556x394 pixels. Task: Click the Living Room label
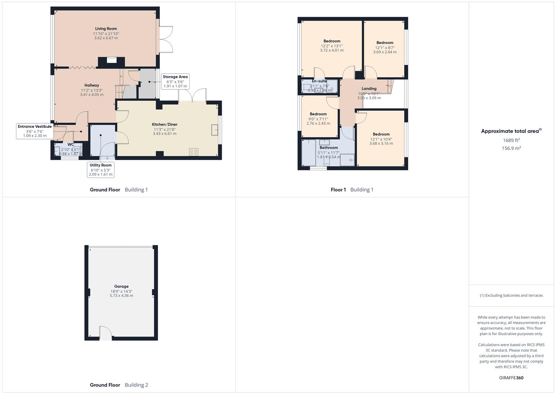tap(106, 29)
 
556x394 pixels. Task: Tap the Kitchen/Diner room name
tap(165, 125)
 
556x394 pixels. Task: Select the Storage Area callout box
tap(175, 81)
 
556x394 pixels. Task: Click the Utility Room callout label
tap(100, 170)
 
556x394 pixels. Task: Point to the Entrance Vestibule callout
tap(35, 131)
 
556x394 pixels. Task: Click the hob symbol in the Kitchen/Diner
tap(194, 152)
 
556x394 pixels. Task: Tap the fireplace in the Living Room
tap(112, 60)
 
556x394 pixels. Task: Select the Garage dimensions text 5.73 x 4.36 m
tap(121, 295)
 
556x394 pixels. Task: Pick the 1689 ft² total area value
tap(511, 140)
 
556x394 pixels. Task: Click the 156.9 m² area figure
tap(511, 148)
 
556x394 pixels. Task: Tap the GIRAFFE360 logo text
tap(511, 378)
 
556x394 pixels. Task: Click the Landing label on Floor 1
tap(369, 89)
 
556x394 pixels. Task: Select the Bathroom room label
tap(328, 148)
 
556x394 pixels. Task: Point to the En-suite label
tap(319, 81)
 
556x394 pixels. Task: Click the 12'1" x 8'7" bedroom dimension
tap(385, 47)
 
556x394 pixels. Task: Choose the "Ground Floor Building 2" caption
tap(119, 385)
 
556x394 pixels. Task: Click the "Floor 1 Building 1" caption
tap(352, 190)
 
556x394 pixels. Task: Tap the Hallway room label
tap(92, 85)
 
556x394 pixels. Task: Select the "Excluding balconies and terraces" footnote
tap(511, 295)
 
